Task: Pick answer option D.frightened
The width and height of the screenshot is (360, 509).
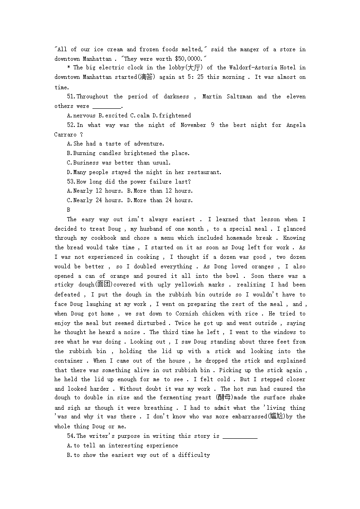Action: [171, 116]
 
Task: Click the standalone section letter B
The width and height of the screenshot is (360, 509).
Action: [68, 210]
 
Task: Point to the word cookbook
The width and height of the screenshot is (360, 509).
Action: [103, 238]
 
